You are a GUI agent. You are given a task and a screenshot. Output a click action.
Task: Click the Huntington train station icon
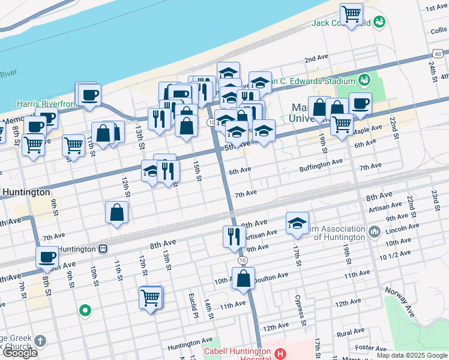tap(103, 248)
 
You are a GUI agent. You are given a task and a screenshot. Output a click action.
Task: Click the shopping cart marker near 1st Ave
tap(351, 14)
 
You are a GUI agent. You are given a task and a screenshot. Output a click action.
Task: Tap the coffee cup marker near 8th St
tap(47, 258)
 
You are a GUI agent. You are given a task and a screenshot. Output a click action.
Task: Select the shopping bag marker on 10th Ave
tap(243, 279)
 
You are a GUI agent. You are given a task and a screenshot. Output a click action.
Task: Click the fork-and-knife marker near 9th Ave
tap(234, 236)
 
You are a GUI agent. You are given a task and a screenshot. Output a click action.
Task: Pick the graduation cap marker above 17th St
tap(297, 223)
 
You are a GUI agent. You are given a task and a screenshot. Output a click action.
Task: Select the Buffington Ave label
tap(321, 161)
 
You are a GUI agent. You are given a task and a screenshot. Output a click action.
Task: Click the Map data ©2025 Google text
tap(412, 355)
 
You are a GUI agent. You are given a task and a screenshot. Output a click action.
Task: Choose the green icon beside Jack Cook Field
tap(379, 23)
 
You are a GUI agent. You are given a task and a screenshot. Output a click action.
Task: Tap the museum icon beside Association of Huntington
tap(374, 231)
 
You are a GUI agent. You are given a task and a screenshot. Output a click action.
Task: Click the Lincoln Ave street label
tap(403, 229)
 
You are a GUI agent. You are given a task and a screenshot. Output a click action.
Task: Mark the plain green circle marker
tap(85, 311)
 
